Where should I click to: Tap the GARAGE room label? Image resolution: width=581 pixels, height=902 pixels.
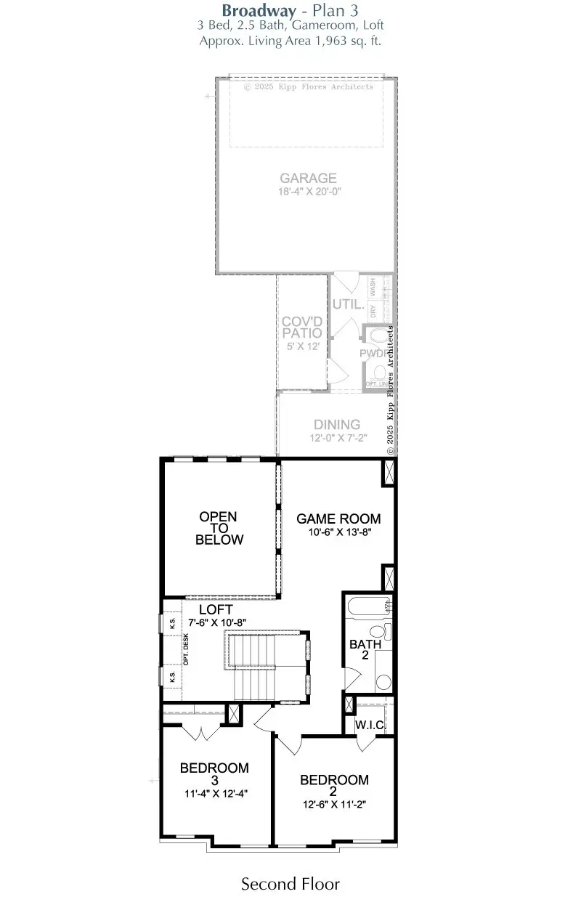pos(309,178)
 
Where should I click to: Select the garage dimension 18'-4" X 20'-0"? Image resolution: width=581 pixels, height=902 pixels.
pos(309,192)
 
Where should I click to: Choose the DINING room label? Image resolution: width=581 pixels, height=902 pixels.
pos(336,425)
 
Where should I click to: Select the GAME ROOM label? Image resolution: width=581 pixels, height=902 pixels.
pos(338,519)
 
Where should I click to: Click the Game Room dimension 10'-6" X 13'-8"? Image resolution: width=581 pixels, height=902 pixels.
pos(338,532)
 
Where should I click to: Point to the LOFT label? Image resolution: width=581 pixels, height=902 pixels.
pos(216,610)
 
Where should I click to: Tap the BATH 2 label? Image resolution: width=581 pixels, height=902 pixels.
pos(360,649)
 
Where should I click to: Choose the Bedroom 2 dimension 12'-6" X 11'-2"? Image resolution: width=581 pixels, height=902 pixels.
pos(334,805)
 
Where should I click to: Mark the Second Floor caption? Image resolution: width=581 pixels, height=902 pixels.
pos(290,884)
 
